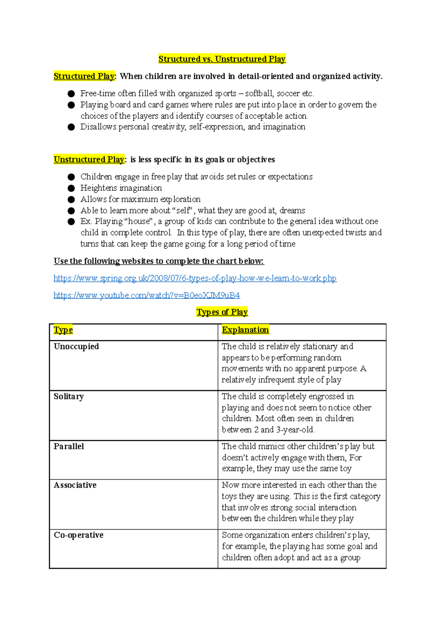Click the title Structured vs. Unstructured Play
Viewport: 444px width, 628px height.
pyautogui.click(x=222, y=59)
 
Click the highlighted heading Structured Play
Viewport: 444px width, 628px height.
pyautogui.click(x=84, y=76)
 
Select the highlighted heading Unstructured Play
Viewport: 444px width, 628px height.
pyautogui.click(x=89, y=159)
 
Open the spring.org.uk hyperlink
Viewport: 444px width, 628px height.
pyautogui.click(x=195, y=278)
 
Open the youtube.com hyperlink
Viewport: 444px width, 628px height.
pyautogui.click(x=147, y=295)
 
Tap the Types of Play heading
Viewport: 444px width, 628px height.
pyautogui.click(x=222, y=312)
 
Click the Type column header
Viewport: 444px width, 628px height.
pyautogui.click(x=63, y=330)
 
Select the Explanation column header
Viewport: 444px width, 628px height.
pyautogui.click(x=245, y=330)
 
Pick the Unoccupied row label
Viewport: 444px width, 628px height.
pyautogui.click(x=76, y=347)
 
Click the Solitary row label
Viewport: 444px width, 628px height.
pyautogui.click(x=69, y=396)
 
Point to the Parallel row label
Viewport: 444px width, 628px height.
pyautogui.click(x=69, y=446)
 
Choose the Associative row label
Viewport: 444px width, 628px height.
pyautogui.click(x=75, y=485)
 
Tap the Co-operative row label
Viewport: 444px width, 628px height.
pyautogui.click(x=78, y=535)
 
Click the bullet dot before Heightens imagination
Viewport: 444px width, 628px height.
pyautogui.click(x=71, y=188)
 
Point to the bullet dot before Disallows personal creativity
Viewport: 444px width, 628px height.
pyautogui.click(x=71, y=127)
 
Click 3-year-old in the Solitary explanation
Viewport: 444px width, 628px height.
pyautogui.click(x=295, y=430)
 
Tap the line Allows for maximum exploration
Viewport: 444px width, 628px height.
pyautogui.click(x=141, y=199)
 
